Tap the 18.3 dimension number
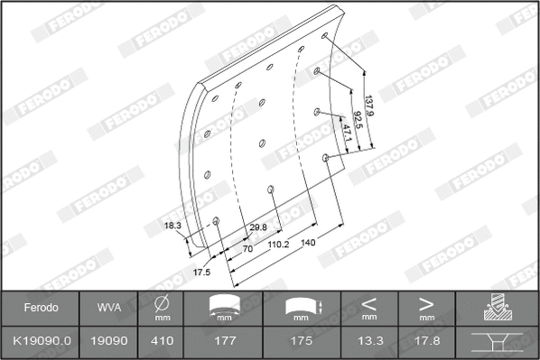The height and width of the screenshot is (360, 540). (x=173, y=225)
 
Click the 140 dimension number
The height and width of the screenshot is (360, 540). (x=309, y=243)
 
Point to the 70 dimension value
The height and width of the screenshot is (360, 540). (x=247, y=247)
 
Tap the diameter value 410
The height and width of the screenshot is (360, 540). (x=163, y=342)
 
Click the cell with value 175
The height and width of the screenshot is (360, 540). (x=302, y=342)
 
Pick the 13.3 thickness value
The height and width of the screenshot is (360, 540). (x=368, y=342)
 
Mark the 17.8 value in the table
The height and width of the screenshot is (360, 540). (x=426, y=342)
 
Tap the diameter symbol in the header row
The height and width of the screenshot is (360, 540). (x=163, y=303)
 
